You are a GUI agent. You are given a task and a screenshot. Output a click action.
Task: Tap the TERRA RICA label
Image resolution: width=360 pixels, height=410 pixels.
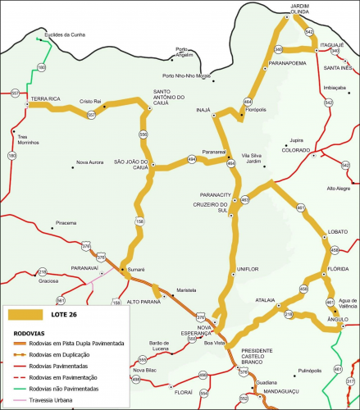45,98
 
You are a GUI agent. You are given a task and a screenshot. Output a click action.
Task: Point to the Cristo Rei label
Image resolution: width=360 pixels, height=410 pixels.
89,102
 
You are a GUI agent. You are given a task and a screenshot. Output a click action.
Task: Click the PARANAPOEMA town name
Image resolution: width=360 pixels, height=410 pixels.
288,61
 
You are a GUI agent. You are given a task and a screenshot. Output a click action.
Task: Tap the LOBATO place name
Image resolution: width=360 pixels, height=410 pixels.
338,232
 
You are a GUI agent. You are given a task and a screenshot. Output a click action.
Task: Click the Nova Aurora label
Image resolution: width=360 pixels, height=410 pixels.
90,162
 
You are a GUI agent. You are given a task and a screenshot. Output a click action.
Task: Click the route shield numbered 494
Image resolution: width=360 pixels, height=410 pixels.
192,158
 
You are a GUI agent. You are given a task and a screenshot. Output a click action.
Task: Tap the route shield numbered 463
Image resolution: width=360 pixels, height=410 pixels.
244,199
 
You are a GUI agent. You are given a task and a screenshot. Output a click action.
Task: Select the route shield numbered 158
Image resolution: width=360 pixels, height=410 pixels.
139,221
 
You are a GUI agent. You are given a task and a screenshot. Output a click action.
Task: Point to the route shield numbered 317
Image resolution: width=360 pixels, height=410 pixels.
351,382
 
